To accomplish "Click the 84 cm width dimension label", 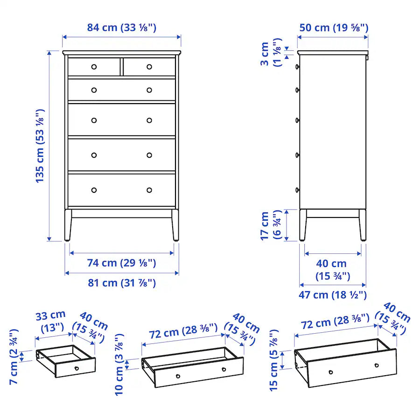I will click(121, 28).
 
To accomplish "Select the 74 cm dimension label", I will click(121, 263).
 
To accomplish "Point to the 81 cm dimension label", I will click(121, 283).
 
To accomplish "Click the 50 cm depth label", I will click(334, 28).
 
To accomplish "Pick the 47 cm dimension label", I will click(333, 295).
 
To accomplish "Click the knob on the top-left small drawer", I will click(94, 67).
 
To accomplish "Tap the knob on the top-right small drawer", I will click(149, 67).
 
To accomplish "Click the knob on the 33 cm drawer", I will click(77, 368).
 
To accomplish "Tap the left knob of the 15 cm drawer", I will click(331, 372).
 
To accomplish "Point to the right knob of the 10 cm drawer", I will click(224, 370).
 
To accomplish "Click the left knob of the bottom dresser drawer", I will click(94, 190).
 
